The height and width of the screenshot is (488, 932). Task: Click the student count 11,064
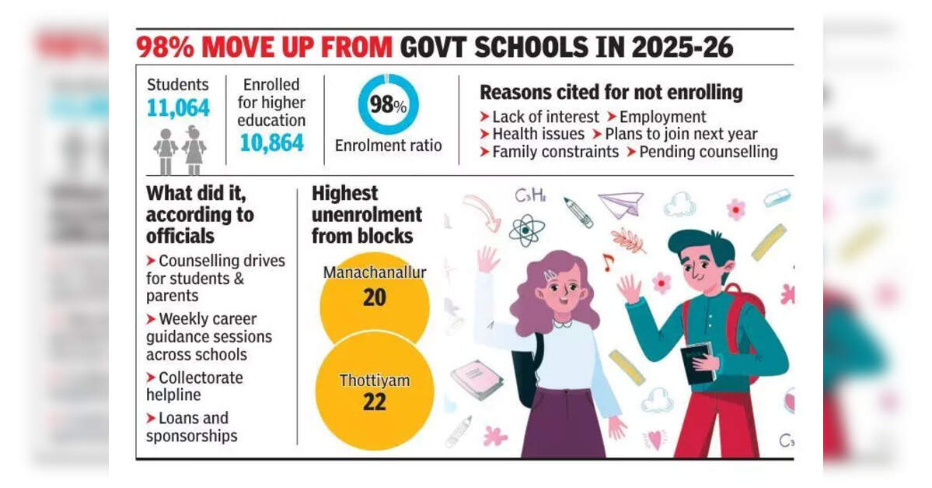178,108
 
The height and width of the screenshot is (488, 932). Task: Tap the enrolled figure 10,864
272,142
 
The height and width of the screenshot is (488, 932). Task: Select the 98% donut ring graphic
388,104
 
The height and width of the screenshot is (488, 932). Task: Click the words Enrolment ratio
388,146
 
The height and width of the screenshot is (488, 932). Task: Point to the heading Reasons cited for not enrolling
611,92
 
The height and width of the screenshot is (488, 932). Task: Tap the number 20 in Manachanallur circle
375,297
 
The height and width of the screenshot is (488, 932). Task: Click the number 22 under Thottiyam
374,402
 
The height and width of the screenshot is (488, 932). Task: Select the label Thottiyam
374,381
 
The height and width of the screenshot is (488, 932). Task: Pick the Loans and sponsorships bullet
191,427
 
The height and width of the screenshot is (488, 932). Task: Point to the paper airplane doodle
622,204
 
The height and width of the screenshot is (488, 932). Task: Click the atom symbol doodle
527,230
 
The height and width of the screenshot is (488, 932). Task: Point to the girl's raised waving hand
487,260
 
